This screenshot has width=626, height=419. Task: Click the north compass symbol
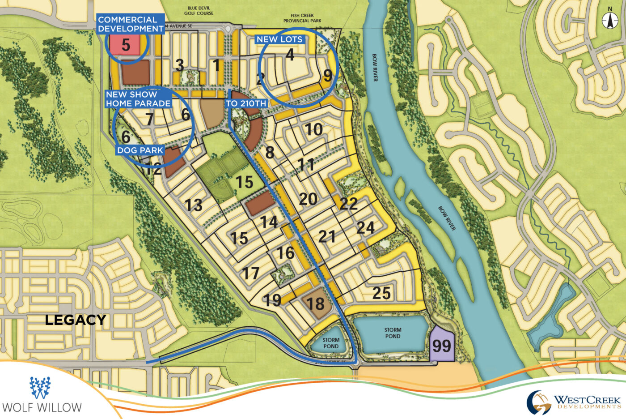pyautogui.click(x=609, y=20)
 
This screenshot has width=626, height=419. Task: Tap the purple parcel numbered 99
pyautogui.click(x=442, y=345)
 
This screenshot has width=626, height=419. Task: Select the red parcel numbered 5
pyautogui.click(x=126, y=45)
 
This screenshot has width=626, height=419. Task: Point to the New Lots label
pyautogui.click(x=279, y=39)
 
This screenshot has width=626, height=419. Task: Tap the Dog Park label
pyautogui.click(x=140, y=150)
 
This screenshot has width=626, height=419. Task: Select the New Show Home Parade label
pyautogui.click(x=138, y=99)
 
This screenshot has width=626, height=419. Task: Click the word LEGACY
pyautogui.click(x=76, y=320)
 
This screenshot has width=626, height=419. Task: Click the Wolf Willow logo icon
pyautogui.click(x=40, y=388)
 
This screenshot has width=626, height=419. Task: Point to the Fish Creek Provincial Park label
pyautogui.click(x=302, y=18)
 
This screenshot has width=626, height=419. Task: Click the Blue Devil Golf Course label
pyautogui.click(x=199, y=10)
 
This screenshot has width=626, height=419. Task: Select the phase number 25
pyautogui.click(x=381, y=293)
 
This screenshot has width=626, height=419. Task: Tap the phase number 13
pyautogui.click(x=194, y=205)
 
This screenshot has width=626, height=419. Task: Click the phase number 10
pyautogui.click(x=313, y=129)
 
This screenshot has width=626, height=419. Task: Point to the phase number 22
pyautogui.click(x=348, y=204)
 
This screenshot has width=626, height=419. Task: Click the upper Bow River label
pyautogui.click(x=375, y=68)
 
